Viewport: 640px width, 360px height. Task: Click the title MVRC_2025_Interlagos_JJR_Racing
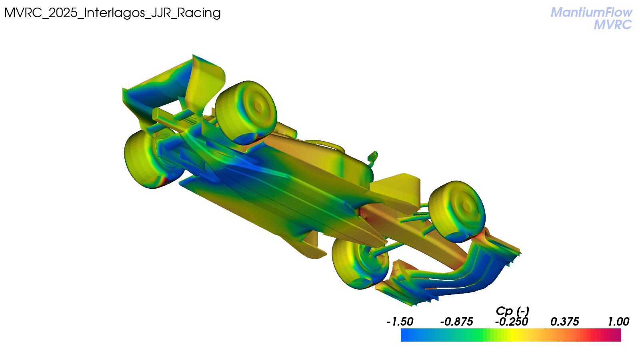(112, 13)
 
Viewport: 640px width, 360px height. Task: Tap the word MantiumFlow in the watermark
(592, 12)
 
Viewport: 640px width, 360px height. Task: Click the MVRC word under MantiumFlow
(613, 24)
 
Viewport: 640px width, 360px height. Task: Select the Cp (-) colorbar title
(512, 311)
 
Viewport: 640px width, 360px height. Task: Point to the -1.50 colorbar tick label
(400, 322)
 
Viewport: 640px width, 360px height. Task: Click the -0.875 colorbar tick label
(456, 322)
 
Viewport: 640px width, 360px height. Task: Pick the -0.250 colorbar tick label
(512, 322)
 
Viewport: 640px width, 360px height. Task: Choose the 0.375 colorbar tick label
(564, 322)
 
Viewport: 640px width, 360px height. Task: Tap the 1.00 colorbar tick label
(618, 322)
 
